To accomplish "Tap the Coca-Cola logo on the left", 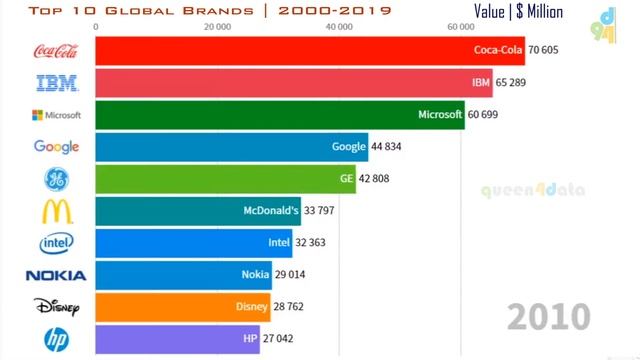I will point(56,51).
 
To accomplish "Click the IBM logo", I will point(56,83).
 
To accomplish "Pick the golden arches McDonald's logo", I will point(56,211).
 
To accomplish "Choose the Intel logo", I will point(56,243).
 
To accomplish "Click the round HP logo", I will point(56,339).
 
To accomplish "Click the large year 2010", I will point(548,316).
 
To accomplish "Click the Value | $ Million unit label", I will point(518,12).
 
